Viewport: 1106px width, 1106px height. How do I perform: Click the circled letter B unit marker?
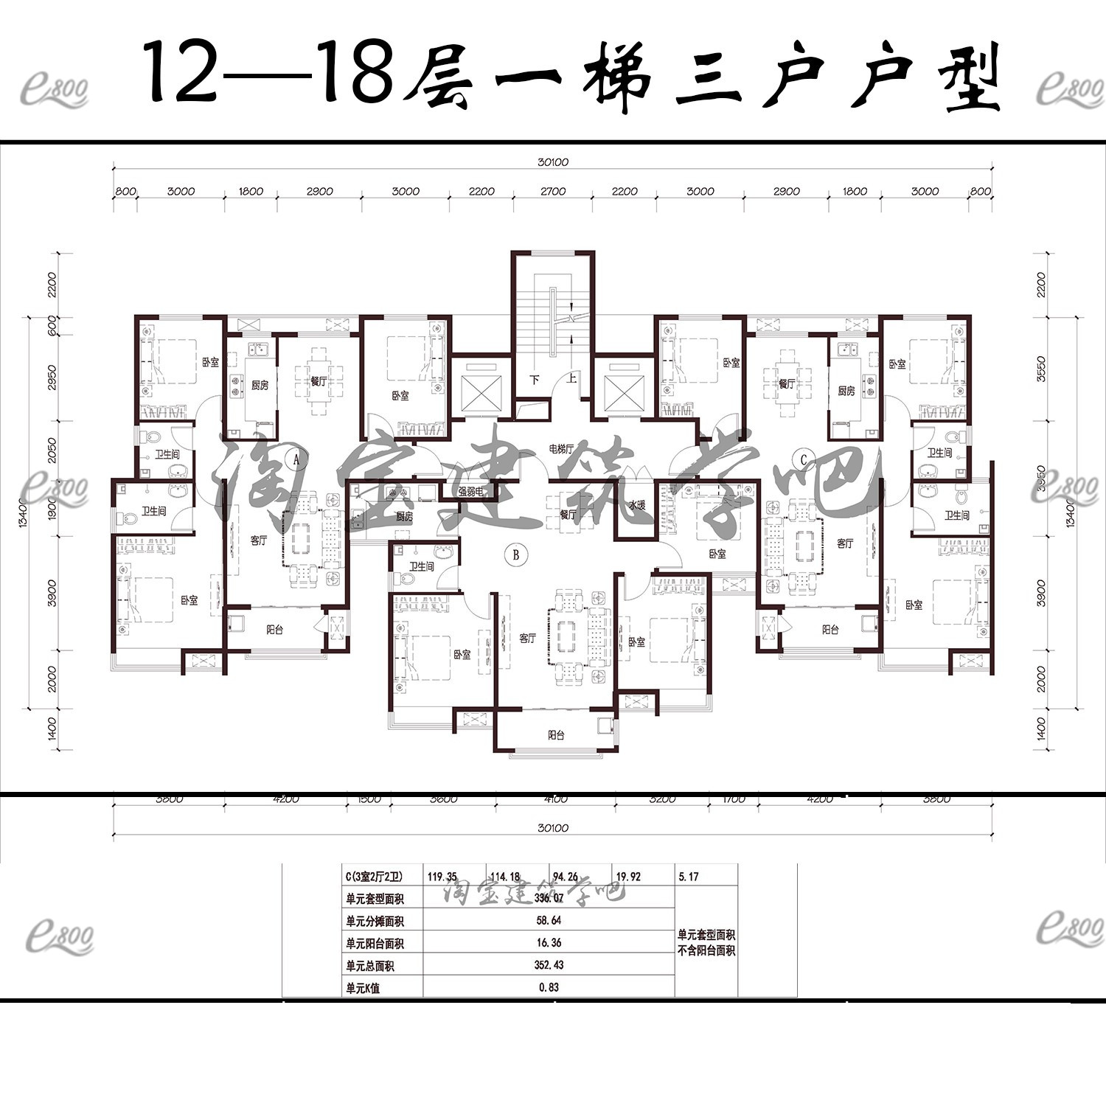(x=516, y=555)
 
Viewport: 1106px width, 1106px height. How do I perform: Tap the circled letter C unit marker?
(x=804, y=460)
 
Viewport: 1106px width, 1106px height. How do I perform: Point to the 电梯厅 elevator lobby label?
(x=561, y=448)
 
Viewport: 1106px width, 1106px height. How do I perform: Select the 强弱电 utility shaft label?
(x=470, y=491)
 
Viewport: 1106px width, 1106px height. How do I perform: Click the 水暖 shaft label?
(x=638, y=506)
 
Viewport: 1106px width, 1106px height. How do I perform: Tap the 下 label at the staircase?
(x=535, y=380)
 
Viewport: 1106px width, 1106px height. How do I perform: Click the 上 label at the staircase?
(x=571, y=380)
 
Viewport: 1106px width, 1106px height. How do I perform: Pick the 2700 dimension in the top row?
(x=552, y=192)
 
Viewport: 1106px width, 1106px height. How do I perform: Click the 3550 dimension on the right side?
(x=1040, y=369)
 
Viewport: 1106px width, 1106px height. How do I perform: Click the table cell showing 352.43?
(x=549, y=965)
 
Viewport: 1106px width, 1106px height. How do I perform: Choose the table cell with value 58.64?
(x=549, y=921)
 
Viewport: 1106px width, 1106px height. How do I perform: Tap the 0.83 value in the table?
(x=549, y=987)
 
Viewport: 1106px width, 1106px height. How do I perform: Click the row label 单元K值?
(x=363, y=988)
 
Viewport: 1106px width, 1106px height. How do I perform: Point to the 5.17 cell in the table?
(x=688, y=877)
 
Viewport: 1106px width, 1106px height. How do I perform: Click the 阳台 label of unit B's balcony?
(x=556, y=735)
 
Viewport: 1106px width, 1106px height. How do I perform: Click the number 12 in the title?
(x=181, y=74)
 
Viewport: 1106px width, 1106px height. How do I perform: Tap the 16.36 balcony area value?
(x=549, y=943)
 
